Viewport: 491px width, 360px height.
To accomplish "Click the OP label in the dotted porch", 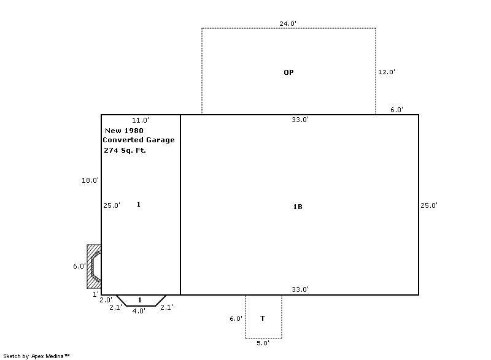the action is click(288, 72).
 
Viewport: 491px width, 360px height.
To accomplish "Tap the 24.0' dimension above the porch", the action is click(288, 23).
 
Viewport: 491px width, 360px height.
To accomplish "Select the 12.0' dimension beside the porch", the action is click(387, 72).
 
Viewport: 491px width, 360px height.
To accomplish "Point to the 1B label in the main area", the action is click(298, 207).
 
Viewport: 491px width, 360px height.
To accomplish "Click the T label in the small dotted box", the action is click(263, 318).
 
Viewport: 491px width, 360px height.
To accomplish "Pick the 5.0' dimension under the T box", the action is click(263, 343).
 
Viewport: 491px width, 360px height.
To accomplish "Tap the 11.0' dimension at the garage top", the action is click(141, 120).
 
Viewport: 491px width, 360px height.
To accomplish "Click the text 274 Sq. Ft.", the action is click(125, 150).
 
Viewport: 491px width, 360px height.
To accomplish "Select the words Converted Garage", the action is click(139, 140).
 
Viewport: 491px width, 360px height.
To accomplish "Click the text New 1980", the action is click(124, 131).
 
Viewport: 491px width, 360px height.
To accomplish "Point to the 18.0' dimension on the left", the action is click(90, 180).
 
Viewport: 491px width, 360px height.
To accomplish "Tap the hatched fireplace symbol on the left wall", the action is click(94, 267).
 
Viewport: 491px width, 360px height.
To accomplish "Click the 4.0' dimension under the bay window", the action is click(139, 311).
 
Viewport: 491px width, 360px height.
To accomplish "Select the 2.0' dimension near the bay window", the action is click(106, 300).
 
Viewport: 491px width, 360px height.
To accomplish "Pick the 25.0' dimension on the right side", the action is click(429, 205).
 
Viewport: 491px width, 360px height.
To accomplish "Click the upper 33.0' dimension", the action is click(300, 120).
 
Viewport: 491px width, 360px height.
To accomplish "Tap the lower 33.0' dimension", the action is click(300, 289).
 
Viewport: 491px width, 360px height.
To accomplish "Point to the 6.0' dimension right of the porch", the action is click(396, 110).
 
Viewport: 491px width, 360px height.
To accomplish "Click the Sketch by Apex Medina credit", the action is click(36, 356).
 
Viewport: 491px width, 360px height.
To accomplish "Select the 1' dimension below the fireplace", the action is click(96, 294).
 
